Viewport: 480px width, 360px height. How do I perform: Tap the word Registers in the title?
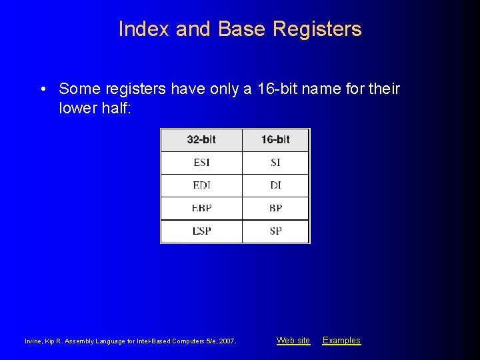click(317, 29)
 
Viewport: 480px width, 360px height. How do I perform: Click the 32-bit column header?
click(201, 140)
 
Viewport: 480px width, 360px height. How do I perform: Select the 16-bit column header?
click(275, 140)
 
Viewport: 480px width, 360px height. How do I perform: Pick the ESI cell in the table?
click(201, 163)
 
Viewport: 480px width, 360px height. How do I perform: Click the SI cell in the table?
click(275, 163)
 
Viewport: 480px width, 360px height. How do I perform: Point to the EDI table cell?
click(201, 185)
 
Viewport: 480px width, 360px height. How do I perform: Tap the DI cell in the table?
click(275, 185)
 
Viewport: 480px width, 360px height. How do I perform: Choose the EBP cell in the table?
click(201, 208)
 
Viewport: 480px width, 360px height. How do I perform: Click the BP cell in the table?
click(275, 208)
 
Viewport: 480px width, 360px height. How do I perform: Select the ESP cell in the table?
click(201, 231)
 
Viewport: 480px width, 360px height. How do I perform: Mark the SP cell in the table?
click(275, 231)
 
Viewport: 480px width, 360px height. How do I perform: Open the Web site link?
click(293, 341)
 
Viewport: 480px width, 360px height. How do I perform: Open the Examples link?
click(341, 341)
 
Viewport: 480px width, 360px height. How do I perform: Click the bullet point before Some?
click(43, 89)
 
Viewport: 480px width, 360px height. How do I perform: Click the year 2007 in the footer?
click(226, 341)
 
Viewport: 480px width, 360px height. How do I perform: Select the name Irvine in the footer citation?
click(34, 341)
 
